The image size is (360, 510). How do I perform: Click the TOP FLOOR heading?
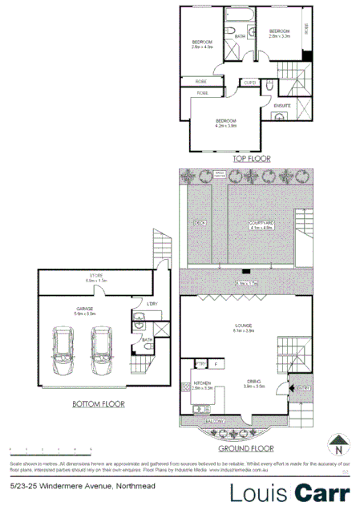[252, 159]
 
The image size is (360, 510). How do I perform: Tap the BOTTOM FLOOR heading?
[98, 404]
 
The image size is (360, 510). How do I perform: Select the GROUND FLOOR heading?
[252, 448]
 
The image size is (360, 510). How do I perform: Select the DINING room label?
[255, 382]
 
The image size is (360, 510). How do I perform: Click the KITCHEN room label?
[202, 383]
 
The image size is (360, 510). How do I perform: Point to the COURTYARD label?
[262, 225]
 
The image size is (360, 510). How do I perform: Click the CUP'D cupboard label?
[249, 82]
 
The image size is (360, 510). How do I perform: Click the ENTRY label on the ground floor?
[301, 387]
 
